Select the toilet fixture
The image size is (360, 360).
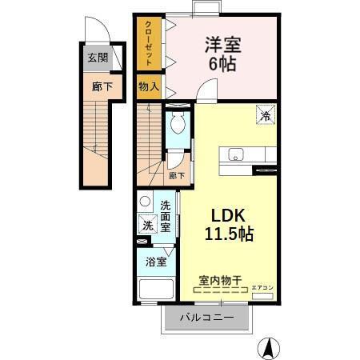[178, 122]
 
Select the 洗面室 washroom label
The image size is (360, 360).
[166, 216]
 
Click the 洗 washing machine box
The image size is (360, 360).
[146, 226]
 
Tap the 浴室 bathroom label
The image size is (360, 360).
[155, 260]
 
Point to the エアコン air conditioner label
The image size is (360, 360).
[262, 286]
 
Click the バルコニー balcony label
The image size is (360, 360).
[206, 318]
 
